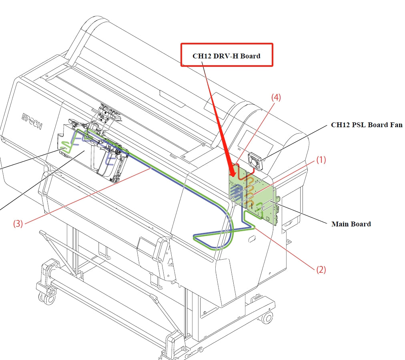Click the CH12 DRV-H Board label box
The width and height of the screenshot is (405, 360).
click(x=227, y=55)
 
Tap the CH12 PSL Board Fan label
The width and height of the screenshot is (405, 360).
click(x=366, y=125)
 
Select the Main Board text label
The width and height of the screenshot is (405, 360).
click(x=351, y=224)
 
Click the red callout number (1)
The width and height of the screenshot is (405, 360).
click(x=321, y=160)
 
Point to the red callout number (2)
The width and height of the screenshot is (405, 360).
click(x=321, y=270)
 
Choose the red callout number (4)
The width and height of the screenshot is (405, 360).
click(x=276, y=97)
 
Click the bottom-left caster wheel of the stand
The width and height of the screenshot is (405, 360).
click(x=45, y=296)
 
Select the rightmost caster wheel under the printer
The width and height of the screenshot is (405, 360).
click(x=265, y=318)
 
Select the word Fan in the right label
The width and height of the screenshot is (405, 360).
click(x=396, y=125)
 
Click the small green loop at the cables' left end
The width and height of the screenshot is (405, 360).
click(x=65, y=149)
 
